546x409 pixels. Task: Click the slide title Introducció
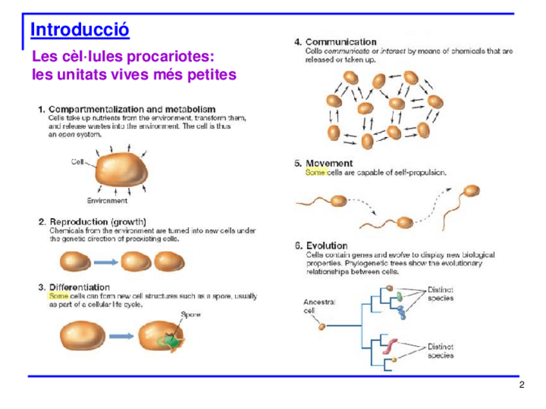80,30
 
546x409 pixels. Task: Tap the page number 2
522,385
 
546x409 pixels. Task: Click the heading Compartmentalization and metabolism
132,109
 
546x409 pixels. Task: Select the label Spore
191,314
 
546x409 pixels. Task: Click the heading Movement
329,163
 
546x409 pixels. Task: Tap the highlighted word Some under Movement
315,172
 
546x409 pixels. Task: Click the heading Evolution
326,246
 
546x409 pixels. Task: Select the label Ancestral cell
319,305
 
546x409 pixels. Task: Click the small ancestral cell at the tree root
323,326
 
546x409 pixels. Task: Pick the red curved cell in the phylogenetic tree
393,347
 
